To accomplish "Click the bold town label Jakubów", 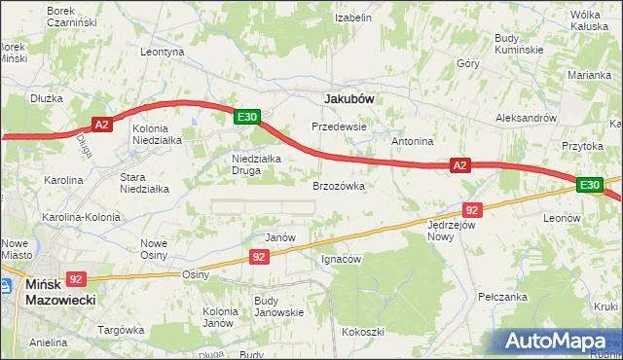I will (348, 98).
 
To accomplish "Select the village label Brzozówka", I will (338, 185).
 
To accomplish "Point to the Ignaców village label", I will (341, 259).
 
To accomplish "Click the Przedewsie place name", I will (338, 126).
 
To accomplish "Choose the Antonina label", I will (412, 141).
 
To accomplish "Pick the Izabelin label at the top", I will (353, 18).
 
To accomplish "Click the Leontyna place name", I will (163, 52).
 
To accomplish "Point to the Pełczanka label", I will (503, 296).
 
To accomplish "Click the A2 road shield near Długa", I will (104, 124).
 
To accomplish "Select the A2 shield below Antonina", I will (461, 166).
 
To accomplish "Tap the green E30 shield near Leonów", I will (589, 184).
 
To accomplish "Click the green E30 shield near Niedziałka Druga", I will (247, 117).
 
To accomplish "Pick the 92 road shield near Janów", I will (258, 257).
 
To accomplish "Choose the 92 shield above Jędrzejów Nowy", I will (472, 209).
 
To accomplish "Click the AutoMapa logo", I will (560, 340).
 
